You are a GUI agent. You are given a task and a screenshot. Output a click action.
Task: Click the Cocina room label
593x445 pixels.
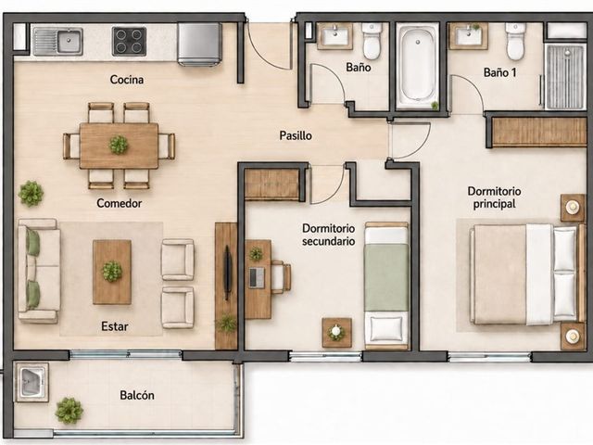tap(127, 80)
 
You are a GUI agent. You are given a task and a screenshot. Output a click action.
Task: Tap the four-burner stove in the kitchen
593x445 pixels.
tap(129, 41)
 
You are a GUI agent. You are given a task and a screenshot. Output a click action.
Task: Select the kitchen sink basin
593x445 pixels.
tap(69, 41)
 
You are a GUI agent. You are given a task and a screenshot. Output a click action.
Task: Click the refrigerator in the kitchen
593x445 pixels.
tap(200, 44)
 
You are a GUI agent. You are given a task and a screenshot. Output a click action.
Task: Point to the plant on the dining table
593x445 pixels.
tap(119, 145)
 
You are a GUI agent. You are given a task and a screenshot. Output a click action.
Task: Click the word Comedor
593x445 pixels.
tap(120, 203)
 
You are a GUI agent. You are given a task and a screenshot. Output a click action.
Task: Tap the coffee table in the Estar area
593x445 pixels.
tap(112, 272)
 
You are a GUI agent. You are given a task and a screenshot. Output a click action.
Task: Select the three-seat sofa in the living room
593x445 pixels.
tap(39, 271)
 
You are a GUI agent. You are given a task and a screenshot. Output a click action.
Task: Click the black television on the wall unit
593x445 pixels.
tap(227, 273)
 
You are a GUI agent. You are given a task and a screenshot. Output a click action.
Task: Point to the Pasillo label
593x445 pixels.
tap(296, 135)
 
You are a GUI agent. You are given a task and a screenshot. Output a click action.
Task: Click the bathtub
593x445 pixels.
tap(418, 67)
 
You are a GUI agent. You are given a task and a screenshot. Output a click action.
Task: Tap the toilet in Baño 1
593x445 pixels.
tap(515, 41)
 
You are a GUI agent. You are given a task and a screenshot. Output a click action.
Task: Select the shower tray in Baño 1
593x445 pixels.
tap(565, 76)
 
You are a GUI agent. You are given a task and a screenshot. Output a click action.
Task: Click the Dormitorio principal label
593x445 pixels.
tap(494, 197)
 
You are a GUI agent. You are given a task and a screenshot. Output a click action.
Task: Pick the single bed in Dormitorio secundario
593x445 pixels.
tap(386, 286)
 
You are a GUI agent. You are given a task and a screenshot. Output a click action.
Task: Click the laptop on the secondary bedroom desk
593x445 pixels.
tap(257, 277)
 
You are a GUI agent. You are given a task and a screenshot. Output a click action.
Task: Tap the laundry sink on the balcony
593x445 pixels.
tap(32, 382)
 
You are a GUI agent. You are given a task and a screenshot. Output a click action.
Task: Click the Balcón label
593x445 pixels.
tap(137, 395)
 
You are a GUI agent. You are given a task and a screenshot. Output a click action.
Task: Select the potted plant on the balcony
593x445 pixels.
tap(69, 410)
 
